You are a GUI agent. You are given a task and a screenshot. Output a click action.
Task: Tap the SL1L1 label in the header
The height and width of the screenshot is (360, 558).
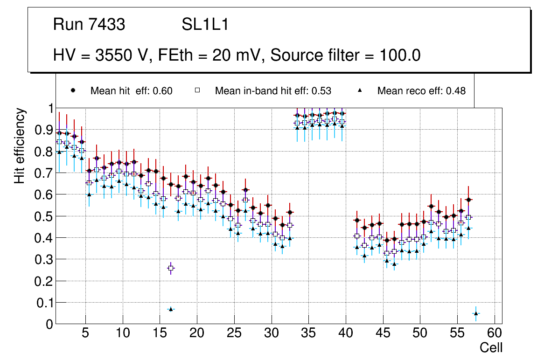pyautogui.click(x=205, y=25)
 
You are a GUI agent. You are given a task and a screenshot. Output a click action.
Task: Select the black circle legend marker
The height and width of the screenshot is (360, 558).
pyautogui.click(x=73, y=90)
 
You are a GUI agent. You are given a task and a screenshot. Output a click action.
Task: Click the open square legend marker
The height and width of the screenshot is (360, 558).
pyautogui.click(x=197, y=90)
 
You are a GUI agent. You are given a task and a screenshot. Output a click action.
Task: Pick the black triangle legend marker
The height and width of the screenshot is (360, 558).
pyautogui.click(x=360, y=90)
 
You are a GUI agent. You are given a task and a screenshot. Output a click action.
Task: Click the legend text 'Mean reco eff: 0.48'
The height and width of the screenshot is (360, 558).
pyautogui.click(x=421, y=91)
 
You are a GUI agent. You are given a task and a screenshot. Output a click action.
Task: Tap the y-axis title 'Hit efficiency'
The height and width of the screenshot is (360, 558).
pyautogui.click(x=20, y=145)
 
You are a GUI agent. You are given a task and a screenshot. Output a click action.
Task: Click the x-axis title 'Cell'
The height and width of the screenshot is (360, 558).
pyautogui.click(x=491, y=347)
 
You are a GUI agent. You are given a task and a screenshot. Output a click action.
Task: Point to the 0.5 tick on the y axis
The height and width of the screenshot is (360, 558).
pyautogui.click(x=44, y=216)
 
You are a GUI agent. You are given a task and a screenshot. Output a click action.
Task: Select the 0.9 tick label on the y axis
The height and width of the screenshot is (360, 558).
pyautogui.click(x=44, y=130)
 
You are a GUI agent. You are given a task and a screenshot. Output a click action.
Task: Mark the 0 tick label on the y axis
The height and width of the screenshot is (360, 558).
pyautogui.click(x=49, y=324)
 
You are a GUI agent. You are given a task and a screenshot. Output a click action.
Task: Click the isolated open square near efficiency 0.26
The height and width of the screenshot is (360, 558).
pyautogui.click(x=171, y=268)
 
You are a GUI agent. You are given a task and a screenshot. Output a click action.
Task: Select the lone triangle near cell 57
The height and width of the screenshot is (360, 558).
pyautogui.click(x=476, y=313)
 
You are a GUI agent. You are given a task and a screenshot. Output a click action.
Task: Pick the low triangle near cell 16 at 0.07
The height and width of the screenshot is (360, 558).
pyautogui.click(x=171, y=309)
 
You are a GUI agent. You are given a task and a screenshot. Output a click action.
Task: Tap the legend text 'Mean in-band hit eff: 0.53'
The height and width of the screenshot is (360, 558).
pyautogui.click(x=273, y=91)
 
